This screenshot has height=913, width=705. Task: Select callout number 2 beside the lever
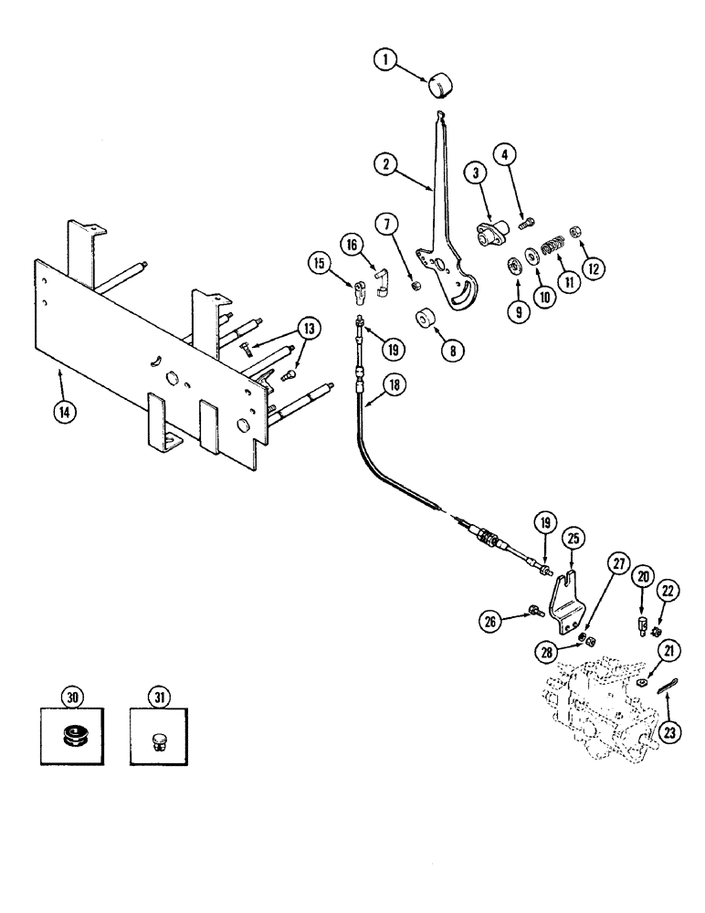[x=388, y=165]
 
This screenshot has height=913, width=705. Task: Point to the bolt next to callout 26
[x=534, y=610]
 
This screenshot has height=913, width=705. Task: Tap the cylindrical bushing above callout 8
[x=423, y=322]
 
